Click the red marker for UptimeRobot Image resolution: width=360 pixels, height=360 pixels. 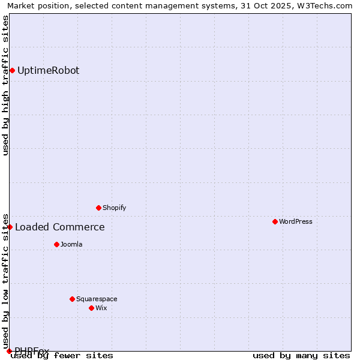12,71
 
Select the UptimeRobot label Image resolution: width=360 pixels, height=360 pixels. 48,71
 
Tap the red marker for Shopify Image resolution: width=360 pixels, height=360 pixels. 98,208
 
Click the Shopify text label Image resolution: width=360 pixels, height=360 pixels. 114,208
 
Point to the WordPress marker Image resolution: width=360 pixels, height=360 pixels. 275,221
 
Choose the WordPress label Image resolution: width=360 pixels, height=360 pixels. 295,221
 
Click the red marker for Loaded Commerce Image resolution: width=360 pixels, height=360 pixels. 10,227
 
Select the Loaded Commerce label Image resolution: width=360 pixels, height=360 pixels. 59,227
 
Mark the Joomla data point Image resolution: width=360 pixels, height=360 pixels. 56,244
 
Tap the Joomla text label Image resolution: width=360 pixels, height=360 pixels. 71,244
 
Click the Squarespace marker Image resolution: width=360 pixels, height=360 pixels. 72,299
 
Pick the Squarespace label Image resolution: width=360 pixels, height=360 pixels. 97,299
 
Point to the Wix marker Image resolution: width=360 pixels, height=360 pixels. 91,308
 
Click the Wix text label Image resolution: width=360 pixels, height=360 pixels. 101,308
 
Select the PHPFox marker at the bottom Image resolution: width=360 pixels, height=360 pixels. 9,351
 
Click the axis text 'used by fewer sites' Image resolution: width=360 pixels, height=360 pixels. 62,356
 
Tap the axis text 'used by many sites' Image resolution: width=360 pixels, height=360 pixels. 301,356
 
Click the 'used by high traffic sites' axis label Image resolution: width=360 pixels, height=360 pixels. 5,85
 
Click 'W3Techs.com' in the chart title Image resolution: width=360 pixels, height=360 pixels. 328,5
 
